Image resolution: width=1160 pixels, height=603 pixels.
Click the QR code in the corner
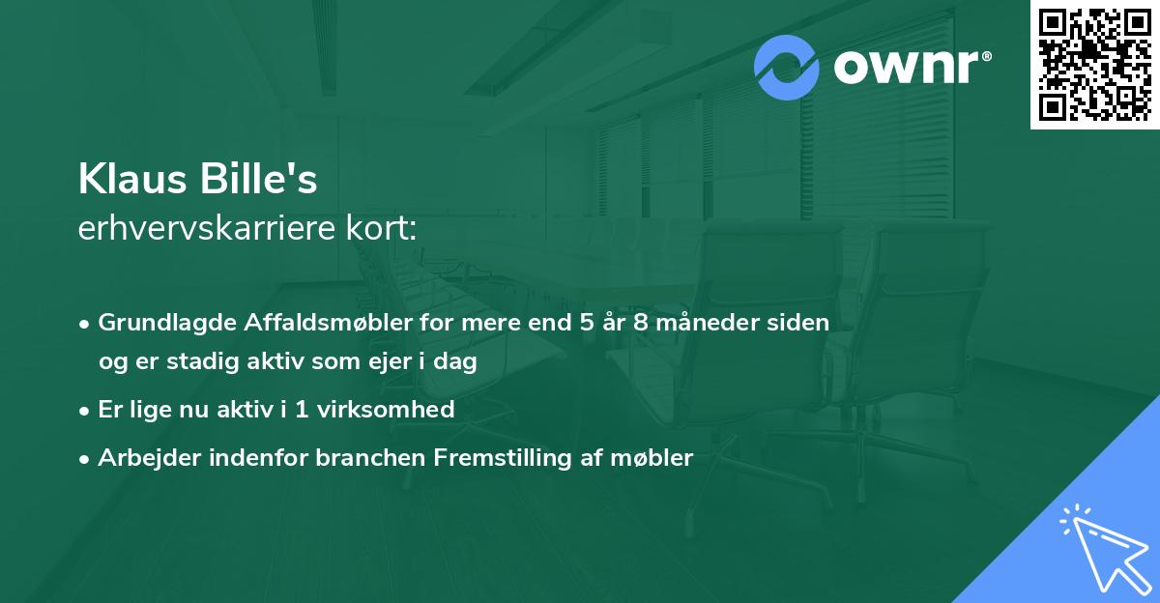[1095, 64]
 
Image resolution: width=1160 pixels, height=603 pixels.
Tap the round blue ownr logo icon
[787, 68]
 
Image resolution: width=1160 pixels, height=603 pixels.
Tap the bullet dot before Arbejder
[86, 458]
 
